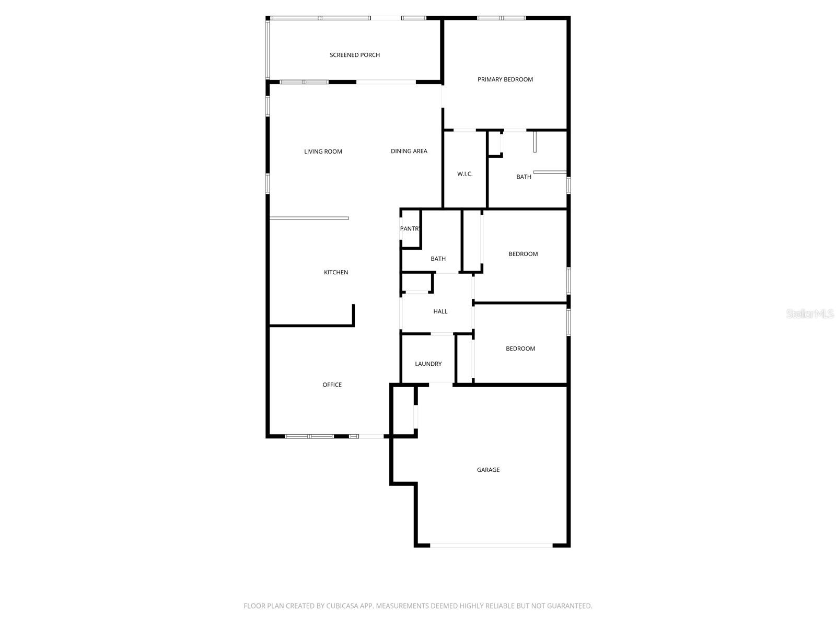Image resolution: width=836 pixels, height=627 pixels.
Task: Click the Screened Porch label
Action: (x=355, y=55)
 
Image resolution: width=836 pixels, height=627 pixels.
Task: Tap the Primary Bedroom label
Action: (x=505, y=79)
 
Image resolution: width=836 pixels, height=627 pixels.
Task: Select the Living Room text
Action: (x=323, y=152)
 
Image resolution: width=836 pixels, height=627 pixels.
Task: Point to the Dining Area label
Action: (x=409, y=151)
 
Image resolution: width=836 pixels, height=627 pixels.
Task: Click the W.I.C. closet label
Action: (x=465, y=174)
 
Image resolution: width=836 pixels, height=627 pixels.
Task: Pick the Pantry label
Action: (x=410, y=229)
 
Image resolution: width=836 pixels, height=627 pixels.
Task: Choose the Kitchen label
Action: (x=336, y=272)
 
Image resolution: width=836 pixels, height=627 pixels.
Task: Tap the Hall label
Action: (x=440, y=311)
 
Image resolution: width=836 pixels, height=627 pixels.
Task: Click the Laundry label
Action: (x=428, y=364)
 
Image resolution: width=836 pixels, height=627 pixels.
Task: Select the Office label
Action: (x=332, y=385)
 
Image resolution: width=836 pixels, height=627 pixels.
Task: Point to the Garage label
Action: (x=489, y=470)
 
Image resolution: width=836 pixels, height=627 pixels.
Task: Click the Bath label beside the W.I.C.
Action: (x=524, y=177)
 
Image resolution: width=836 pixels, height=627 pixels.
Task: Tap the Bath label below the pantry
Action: (x=438, y=259)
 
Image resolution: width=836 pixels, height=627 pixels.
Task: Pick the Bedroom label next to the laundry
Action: (x=520, y=349)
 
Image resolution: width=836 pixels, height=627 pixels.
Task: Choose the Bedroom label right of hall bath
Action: (x=523, y=254)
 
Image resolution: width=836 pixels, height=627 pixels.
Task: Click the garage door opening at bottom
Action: (x=491, y=545)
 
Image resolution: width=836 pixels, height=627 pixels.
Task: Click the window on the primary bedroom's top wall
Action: (x=502, y=18)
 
